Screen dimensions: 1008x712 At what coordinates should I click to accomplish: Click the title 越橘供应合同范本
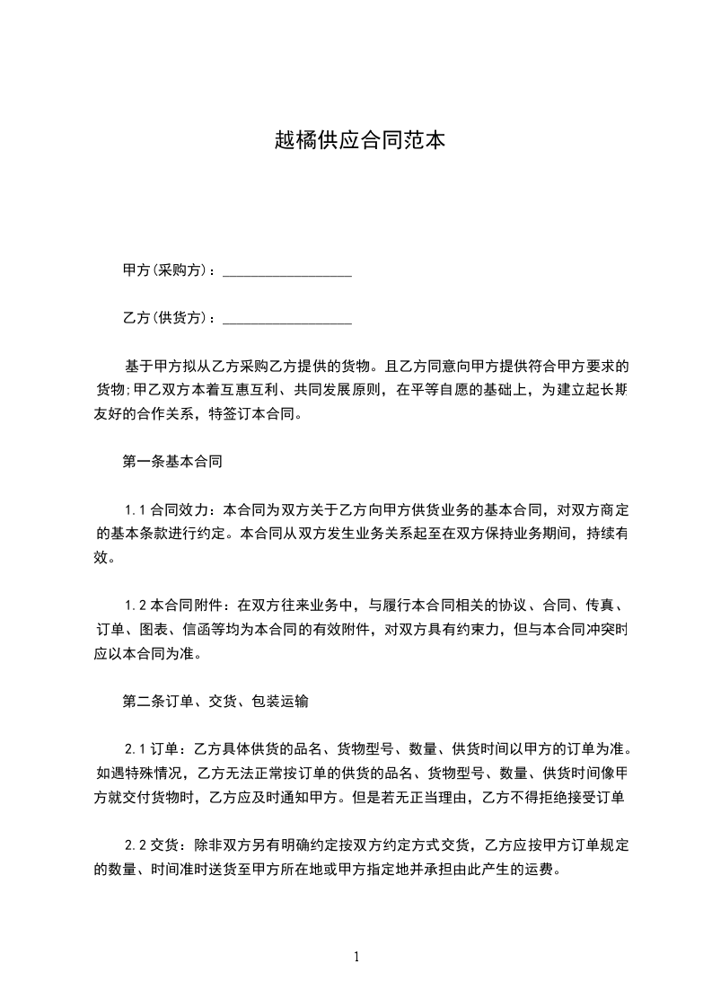coord(359,141)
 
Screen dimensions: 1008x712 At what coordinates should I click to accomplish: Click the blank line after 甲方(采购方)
coord(286,270)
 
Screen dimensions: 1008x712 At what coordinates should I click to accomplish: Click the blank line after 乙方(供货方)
coord(286,319)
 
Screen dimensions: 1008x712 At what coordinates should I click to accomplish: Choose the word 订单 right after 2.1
coord(164,749)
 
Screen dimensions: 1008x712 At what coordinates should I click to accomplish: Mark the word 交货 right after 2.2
coord(164,845)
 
